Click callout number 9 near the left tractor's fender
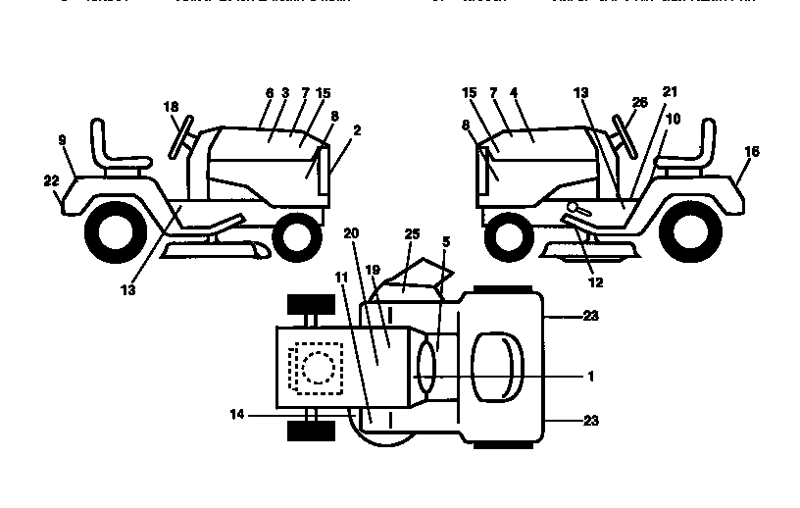pyautogui.click(x=62, y=141)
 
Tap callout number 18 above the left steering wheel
pyautogui.click(x=172, y=106)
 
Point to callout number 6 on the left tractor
pyautogui.click(x=269, y=93)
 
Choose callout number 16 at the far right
pyautogui.click(x=751, y=151)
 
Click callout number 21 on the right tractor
pyautogui.click(x=670, y=91)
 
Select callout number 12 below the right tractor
pyautogui.click(x=595, y=281)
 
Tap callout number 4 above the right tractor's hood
pyautogui.click(x=514, y=93)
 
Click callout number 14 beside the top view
pyautogui.click(x=236, y=415)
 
